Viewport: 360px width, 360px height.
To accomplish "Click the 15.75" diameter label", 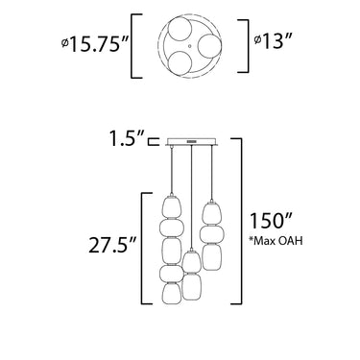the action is click(x=95, y=44).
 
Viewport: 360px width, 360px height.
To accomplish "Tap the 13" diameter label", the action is click(x=273, y=40).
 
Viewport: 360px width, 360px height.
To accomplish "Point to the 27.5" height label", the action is click(x=113, y=244).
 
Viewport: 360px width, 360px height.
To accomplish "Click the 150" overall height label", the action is click(x=271, y=220).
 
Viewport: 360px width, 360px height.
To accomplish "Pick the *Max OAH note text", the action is click(x=276, y=241).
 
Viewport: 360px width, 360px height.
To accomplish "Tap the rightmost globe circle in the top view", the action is click(x=209, y=46).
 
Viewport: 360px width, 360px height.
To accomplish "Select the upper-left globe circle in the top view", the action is click(x=180, y=30).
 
